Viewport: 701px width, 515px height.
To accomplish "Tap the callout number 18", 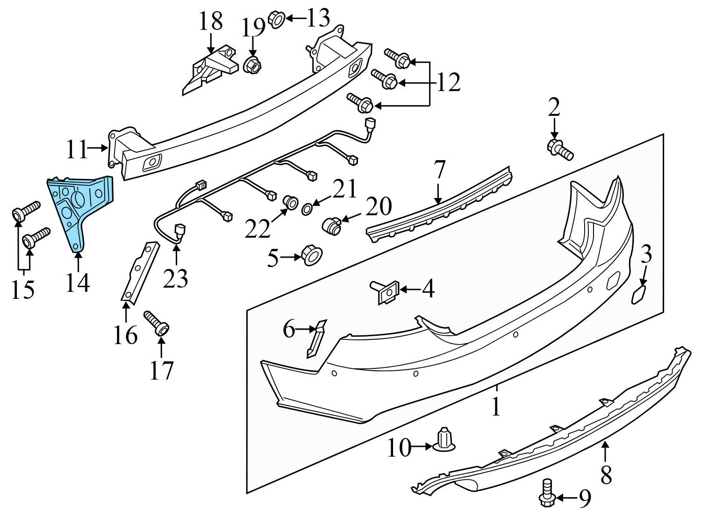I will point(211,21).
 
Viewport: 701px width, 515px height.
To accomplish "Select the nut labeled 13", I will point(276,20).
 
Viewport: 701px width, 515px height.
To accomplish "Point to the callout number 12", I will point(448,83).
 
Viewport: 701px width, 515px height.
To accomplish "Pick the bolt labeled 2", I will point(559,148).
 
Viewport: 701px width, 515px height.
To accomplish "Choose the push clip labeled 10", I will point(444,439).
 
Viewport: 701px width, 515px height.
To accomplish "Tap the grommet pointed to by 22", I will point(291,203).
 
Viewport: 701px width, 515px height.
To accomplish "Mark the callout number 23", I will point(176,279).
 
